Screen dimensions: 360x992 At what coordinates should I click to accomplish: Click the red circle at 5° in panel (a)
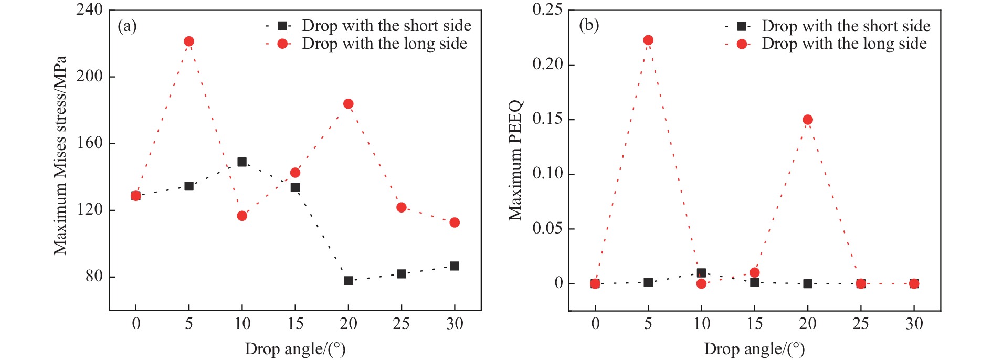pos(189,41)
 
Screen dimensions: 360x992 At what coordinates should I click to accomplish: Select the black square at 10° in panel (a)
pos(242,162)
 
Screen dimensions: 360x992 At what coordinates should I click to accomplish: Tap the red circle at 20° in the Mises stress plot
pos(348,104)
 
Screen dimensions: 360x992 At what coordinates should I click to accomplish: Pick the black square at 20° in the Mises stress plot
pos(348,281)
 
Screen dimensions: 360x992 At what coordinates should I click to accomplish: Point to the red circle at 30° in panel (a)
pos(455,223)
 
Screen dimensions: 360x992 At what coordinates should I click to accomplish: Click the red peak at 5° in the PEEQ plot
pos(648,40)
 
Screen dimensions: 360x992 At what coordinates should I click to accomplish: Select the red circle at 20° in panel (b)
pos(808,120)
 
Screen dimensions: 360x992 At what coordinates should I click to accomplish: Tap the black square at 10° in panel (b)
pos(701,273)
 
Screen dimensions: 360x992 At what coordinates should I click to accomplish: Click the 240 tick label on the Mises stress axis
pos(89,10)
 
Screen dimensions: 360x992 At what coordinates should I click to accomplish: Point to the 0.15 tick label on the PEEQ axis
pos(547,119)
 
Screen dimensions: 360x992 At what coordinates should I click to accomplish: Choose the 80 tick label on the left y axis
pos(94,276)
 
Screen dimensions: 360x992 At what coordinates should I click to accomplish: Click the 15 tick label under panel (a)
pos(295,324)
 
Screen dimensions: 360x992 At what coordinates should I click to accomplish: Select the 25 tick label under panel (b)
pos(861,324)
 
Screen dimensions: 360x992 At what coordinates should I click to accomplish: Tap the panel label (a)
pos(127,26)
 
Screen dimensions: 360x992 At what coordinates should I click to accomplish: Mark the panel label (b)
pos(588,25)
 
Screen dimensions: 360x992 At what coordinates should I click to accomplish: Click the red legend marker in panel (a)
pos(282,44)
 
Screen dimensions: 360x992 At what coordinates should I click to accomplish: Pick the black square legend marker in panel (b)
pos(742,26)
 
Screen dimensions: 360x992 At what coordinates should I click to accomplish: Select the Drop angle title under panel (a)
pos(295,349)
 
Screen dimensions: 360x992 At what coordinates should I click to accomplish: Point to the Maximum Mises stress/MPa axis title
pos(60,155)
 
